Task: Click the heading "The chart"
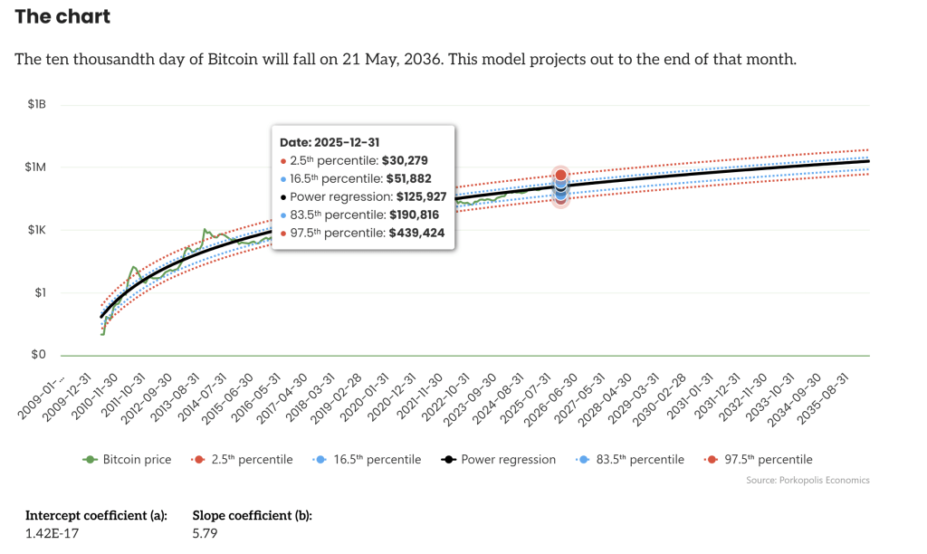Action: pos(62,16)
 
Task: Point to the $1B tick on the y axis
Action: pos(35,105)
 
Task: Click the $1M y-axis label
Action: pos(35,167)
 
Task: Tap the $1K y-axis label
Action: pos(36,230)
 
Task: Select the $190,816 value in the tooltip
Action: pos(417,215)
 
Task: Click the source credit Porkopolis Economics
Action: pos(808,481)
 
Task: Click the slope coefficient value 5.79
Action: pos(205,534)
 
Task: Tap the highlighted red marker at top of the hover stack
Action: pos(560,175)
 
